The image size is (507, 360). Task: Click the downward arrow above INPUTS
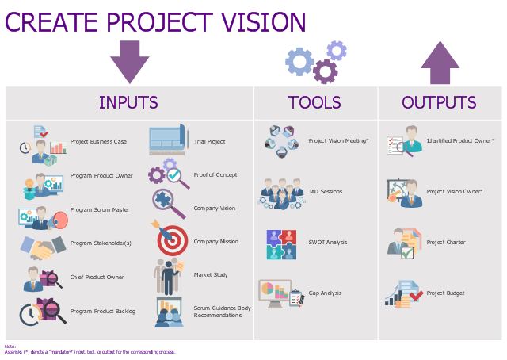[x=130, y=62]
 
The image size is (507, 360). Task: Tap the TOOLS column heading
[x=314, y=102]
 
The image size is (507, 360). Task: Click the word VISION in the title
[x=264, y=22]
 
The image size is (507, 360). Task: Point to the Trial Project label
[x=209, y=141]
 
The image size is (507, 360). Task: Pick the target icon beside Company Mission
[x=170, y=238]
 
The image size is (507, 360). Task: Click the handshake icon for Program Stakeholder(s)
[x=43, y=247]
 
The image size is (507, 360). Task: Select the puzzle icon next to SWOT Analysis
[x=282, y=244]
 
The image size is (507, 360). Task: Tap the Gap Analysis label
[x=325, y=293]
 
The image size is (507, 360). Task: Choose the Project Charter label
[x=446, y=242]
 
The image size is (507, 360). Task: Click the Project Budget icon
[x=404, y=294]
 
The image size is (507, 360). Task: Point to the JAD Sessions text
[x=326, y=191]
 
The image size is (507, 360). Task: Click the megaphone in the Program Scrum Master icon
[x=58, y=220]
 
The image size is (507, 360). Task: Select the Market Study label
[x=211, y=275]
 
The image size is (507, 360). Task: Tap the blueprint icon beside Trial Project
[x=169, y=140]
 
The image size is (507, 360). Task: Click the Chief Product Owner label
[x=97, y=277]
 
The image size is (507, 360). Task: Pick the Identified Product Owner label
[x=460, y=140]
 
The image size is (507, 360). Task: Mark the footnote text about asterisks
[x=90, y=352]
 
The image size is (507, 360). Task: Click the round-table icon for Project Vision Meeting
[x=281, y=141]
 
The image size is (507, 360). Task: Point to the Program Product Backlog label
[x=103, y=312]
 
